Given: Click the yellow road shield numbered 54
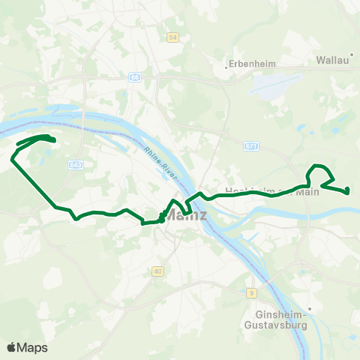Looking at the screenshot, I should (x=173, y=37).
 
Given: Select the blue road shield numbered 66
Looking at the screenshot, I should (x=134, y=77).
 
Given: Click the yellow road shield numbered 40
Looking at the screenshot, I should (x=157, y=271).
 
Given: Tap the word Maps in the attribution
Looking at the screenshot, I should (x=32, y=347).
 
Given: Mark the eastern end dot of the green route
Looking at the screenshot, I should (x=348, y=191).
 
